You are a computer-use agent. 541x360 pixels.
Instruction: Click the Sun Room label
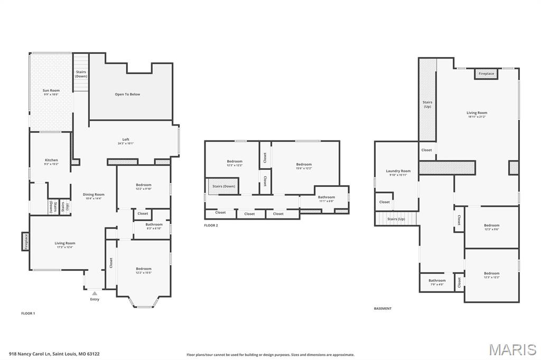click(x=51, y=92)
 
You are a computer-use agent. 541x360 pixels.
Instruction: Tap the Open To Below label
click(x=127, y=94)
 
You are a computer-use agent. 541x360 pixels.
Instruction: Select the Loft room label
click(x=126, y=141)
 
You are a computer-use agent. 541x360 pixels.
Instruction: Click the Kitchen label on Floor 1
click(x=51, y=162)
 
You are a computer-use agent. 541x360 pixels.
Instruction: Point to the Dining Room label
click(x=94, y=196)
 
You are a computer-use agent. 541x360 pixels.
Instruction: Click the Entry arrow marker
click(x=95, y=293)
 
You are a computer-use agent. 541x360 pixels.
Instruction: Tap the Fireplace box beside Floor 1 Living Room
click(x=25, y=241)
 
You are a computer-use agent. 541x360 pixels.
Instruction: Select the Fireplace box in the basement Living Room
click(x=486, y=74)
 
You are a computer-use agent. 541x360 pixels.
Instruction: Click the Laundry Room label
click(x=398, y=173)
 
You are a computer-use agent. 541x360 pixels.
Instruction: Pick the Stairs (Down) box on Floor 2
click(x=223, y=186)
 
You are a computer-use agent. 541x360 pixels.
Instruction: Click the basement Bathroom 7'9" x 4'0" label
click(x=437, y=282)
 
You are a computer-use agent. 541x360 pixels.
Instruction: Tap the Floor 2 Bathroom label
click(x=326, y=199)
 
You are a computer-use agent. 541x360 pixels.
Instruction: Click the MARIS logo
click(x=512, y=349)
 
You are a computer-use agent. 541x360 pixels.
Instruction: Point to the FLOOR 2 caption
click(x=211, y=225)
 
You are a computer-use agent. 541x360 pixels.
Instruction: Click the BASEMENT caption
click(x=383, y=308)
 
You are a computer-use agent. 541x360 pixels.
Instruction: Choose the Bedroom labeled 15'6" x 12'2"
click(x=304, y=166)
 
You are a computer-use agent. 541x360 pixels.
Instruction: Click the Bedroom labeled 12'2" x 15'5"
click(x=143, y=270)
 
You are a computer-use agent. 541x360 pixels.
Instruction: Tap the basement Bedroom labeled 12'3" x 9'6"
click(x=491, y=227)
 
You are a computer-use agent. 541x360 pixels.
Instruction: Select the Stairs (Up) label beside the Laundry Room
click(x=396, y=219)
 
